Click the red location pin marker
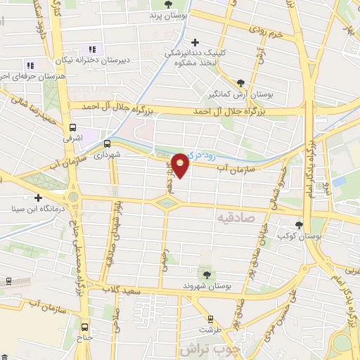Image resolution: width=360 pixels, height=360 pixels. (x=181, y=165)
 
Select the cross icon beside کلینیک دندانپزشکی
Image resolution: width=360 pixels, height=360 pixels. (x=195, y=43)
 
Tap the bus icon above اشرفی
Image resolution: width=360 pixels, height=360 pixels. (x=72, y=128)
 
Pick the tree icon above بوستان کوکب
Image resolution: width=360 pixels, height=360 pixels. (x=299, y=226)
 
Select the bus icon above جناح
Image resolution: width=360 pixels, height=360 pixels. (x=85, y=326)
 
